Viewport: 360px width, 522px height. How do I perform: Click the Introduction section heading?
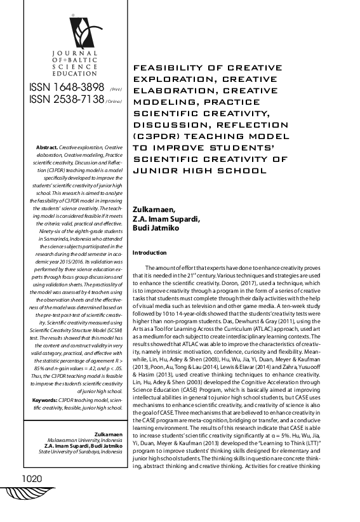coord(149,253)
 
